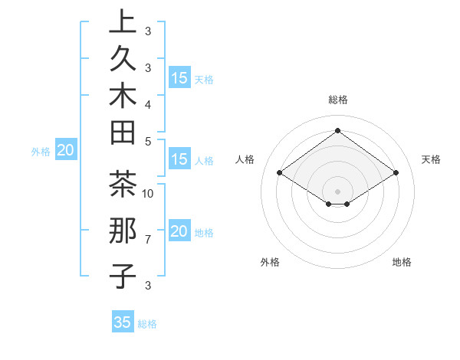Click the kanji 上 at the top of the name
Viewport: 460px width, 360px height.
[x=123, y=24]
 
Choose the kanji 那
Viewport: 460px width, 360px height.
[x=123, y=231]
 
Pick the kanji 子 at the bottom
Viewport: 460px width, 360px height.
[x=123, y=276]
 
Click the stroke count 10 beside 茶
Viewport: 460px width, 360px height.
[x=149, y=193]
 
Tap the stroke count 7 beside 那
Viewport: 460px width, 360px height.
[x=148, y=240]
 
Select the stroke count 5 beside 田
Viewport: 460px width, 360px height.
[x=148, y=141]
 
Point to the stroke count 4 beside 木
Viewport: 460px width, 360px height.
[x=148, y=103]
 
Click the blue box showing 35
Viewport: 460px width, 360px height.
[x=122, y=322]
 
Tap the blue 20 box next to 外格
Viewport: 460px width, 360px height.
[x=65, y=151]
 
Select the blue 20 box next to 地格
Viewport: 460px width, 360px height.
[x=179, y=232]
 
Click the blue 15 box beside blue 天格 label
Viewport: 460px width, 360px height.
[x=179, y=78]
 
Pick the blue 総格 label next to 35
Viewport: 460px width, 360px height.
[x=147, y=324]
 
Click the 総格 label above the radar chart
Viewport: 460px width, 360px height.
[x=337, y=100]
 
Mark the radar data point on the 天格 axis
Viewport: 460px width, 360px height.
[x=396, y=173]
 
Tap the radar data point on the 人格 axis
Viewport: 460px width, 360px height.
[x=280, y=173]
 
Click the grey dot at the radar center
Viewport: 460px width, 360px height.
[x=337, y=191]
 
